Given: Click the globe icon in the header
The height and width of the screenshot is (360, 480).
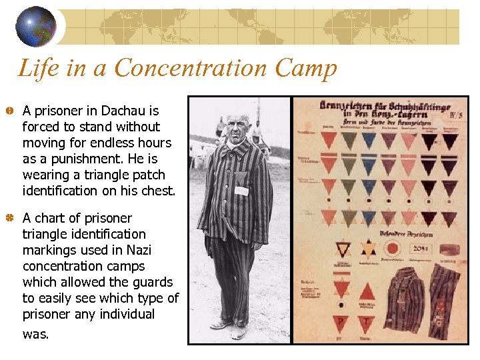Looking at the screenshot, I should [36, 26].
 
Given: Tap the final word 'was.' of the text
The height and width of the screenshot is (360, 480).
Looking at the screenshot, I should [35, 333].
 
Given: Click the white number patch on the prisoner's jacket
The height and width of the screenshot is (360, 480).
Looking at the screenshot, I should [241, 191].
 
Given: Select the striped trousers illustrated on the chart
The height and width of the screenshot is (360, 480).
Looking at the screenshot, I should [443, 300].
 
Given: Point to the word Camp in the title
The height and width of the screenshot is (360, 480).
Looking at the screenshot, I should [311, 68].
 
